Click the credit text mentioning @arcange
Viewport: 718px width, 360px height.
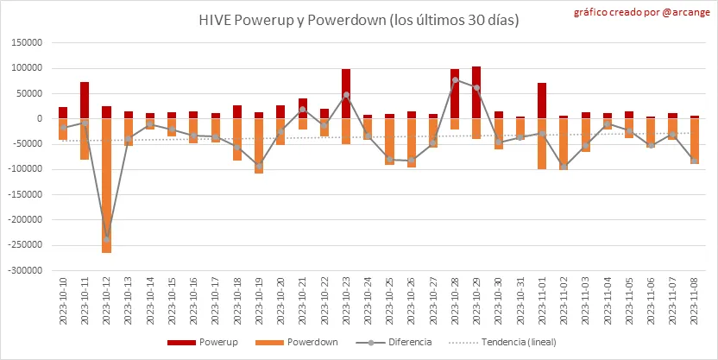[639, 13]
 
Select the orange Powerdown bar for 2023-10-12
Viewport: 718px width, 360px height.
[107, 185]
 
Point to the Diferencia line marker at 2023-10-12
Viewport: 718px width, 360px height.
[107, 238]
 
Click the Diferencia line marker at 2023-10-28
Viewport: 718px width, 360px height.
[455, 80]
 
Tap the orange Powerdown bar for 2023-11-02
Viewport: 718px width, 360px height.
[564, 143]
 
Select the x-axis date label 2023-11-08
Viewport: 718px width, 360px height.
[696, 301]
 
